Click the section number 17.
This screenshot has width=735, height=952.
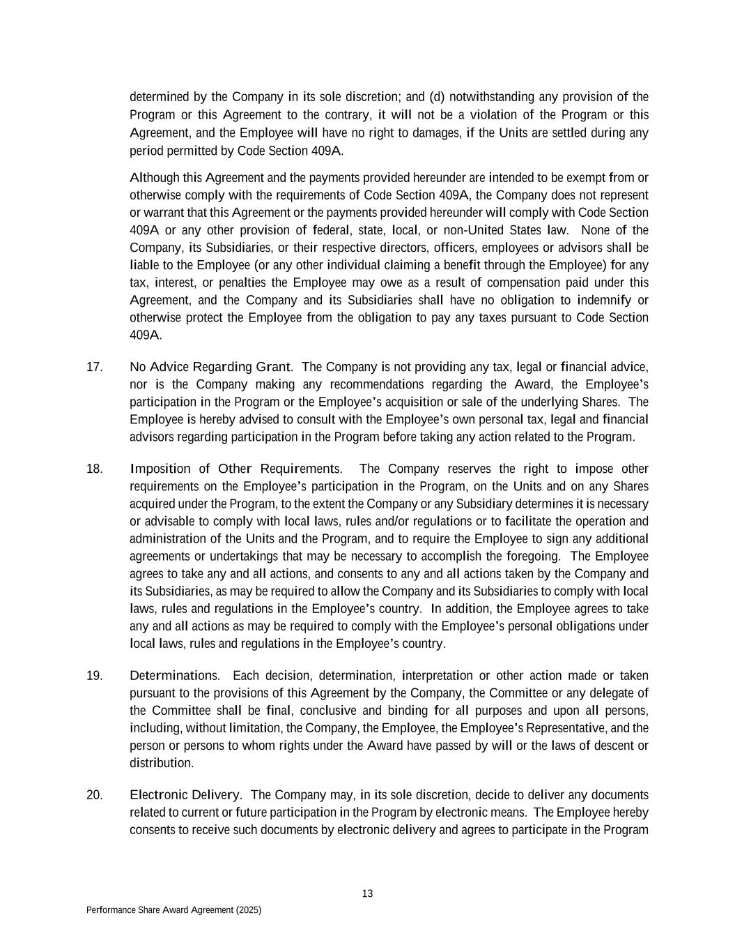pos(94,367)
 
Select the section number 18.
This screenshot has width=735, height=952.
pos(94,469)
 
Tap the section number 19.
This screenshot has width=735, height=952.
pos(94,675)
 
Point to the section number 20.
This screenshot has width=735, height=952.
pos(94,795)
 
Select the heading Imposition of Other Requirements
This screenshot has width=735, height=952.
pos(235,469)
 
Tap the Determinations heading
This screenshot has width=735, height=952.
pos(174,675)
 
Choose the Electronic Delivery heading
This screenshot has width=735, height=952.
pos(185,795)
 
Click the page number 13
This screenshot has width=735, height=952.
pos(368,894)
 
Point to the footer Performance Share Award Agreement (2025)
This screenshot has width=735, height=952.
pos(173,910)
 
